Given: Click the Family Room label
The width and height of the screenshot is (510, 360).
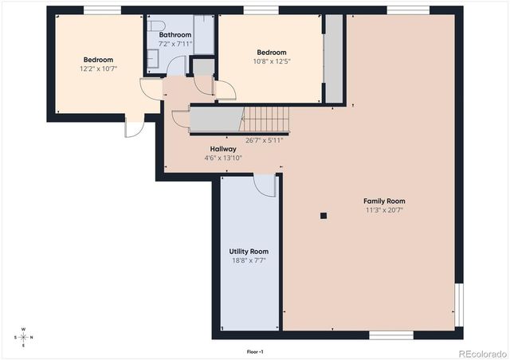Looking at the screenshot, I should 385,201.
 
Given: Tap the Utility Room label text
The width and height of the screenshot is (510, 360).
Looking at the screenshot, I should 249,251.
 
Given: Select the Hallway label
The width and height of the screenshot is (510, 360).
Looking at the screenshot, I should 223,149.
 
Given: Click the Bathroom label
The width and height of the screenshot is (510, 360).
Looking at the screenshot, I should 175,35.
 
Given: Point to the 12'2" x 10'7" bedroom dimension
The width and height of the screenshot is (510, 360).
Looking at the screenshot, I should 98,68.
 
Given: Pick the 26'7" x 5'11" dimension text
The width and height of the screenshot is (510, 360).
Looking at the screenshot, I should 265,140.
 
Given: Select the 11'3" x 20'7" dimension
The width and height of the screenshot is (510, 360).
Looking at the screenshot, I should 385,210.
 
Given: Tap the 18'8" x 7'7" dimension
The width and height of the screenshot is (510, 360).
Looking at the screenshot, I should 249,260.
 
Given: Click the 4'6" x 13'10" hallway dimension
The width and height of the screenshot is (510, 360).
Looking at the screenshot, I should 223,158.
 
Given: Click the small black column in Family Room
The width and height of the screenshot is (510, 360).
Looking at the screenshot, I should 323,215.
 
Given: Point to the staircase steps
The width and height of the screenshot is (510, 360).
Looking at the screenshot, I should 265,119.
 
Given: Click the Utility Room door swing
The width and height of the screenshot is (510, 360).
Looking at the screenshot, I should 265,185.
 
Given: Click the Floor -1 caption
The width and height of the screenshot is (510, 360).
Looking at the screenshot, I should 255,350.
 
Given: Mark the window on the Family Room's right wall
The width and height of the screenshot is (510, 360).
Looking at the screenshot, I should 457,305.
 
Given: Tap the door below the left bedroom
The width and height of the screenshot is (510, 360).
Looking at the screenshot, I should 133,127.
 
